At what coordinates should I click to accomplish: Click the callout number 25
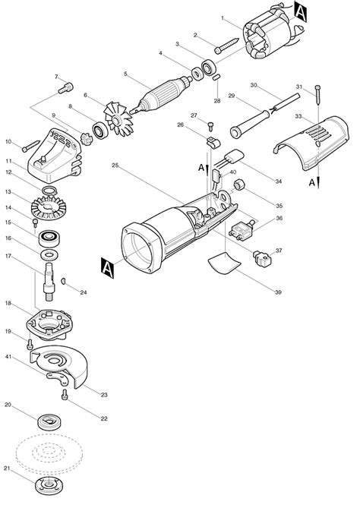115,166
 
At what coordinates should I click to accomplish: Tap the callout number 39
278,292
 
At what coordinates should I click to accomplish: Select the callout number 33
298,116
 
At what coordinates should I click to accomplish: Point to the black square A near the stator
300,11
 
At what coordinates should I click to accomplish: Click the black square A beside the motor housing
107,267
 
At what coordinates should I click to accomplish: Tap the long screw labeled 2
226,46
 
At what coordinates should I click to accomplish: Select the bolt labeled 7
65,88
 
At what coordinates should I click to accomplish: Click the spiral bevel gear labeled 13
49,207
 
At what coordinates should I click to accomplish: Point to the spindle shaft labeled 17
49,282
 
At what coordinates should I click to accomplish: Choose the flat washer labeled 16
49,254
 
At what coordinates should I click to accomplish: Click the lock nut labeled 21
49,486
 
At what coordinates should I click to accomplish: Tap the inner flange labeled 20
49,422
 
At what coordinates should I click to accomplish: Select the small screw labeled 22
65,395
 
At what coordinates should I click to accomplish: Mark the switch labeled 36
241,231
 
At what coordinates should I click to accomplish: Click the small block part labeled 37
262,259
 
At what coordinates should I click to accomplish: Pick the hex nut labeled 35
239,185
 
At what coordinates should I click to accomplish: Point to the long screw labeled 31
317,95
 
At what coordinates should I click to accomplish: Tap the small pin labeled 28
216,77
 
